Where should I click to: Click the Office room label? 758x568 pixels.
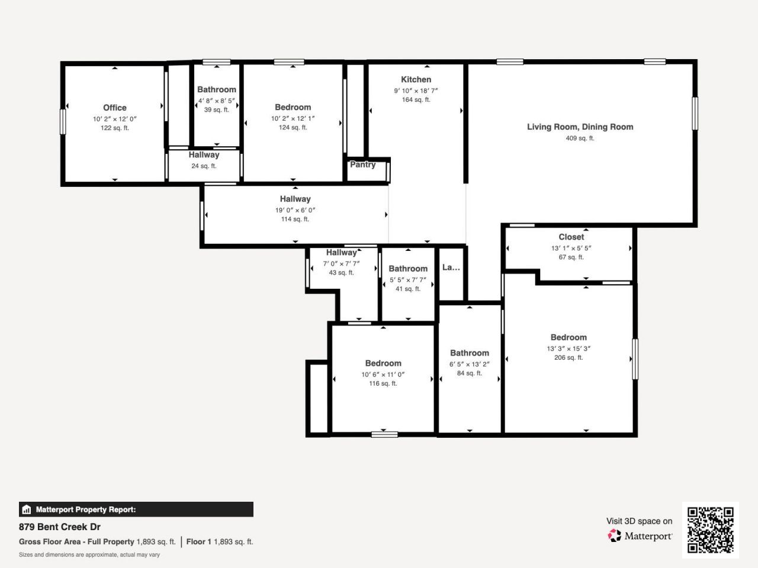tap(114, 108)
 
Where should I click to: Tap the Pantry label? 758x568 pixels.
tap(362, 164)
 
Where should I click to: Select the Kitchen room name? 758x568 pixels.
tap(416, 79)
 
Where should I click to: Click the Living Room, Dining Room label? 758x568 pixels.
tap(580, 127)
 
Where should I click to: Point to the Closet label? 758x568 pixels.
tap(571, 237)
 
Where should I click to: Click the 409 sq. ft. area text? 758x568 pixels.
tap(580, 138)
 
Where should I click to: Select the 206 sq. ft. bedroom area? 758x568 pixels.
tap(568, 358)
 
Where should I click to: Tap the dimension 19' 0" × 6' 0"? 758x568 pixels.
tap(295, 210)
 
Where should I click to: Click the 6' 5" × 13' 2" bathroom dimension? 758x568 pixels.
tap(469, 364)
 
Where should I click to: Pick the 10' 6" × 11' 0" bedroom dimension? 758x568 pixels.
tap(383, 375)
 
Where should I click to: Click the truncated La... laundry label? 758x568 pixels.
tap(451, 267)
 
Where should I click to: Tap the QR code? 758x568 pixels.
tap(710, 530)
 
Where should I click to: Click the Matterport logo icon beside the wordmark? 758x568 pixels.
tap(615, 536)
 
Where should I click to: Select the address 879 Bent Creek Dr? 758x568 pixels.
tap(60, 527)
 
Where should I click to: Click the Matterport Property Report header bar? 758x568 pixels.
tap(136, 509)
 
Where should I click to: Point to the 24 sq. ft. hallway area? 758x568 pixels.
tap(204, 166)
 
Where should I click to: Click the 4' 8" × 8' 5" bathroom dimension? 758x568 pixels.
tap(216, 101)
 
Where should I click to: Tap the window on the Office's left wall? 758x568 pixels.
tap(62, 121)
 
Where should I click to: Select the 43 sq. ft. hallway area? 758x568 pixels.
tap(341, 273)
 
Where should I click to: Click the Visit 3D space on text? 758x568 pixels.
tap(639, 521)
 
